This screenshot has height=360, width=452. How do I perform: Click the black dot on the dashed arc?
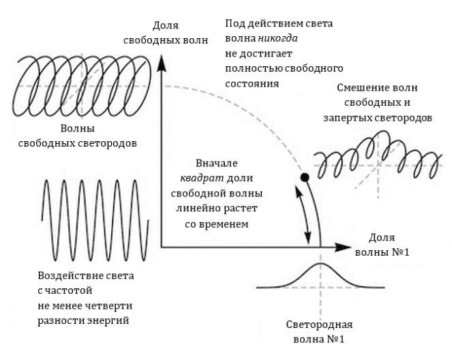(x=305, y=179)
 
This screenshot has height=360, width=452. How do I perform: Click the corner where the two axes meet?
(x=162, y=244)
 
